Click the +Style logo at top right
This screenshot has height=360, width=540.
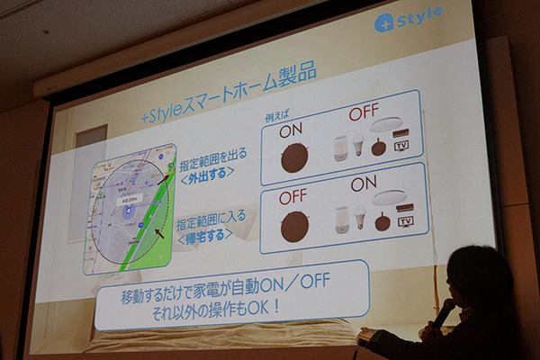(409, 20)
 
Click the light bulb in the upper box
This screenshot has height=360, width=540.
(357, 146)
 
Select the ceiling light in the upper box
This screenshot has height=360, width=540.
(387, 126)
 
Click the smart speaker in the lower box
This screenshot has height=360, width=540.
(341, 219)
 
